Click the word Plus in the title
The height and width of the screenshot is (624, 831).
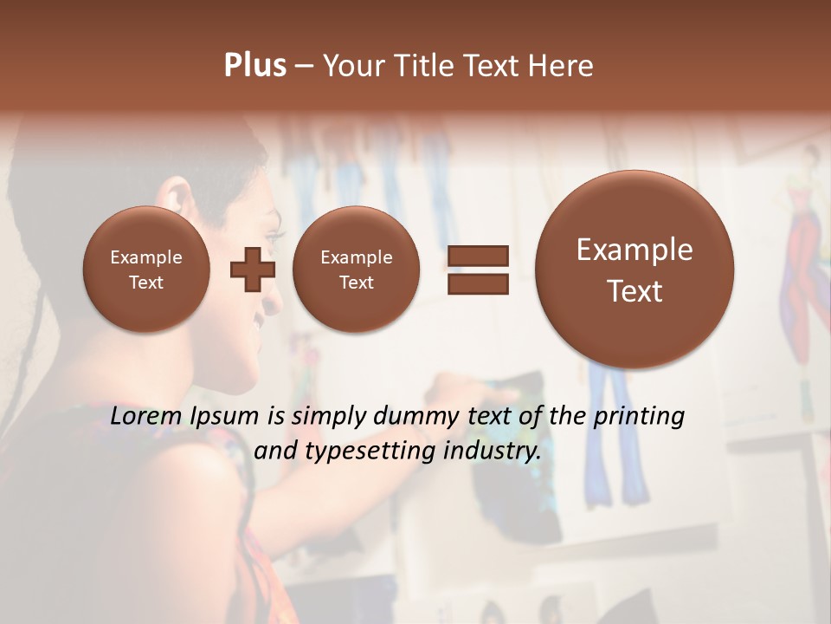coord(254,66)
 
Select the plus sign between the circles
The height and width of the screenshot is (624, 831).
coord(252,269)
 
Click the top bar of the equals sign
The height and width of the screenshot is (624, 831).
coord(478,256)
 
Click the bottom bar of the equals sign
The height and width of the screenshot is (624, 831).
coord(478,284)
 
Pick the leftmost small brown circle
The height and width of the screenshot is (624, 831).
coord(146,269)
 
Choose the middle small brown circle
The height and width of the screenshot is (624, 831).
coord(356,269)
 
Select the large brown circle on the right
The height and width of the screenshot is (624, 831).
coord(635,269)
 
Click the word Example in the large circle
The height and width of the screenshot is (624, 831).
coord(635,250)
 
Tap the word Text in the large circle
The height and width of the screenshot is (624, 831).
coord(635,291)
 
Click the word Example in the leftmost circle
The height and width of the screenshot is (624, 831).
coord(146,257)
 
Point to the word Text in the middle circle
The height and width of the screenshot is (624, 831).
coord(356,283)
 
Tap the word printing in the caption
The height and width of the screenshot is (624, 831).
coord(638,417)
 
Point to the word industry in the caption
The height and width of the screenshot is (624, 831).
coord(492,452)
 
